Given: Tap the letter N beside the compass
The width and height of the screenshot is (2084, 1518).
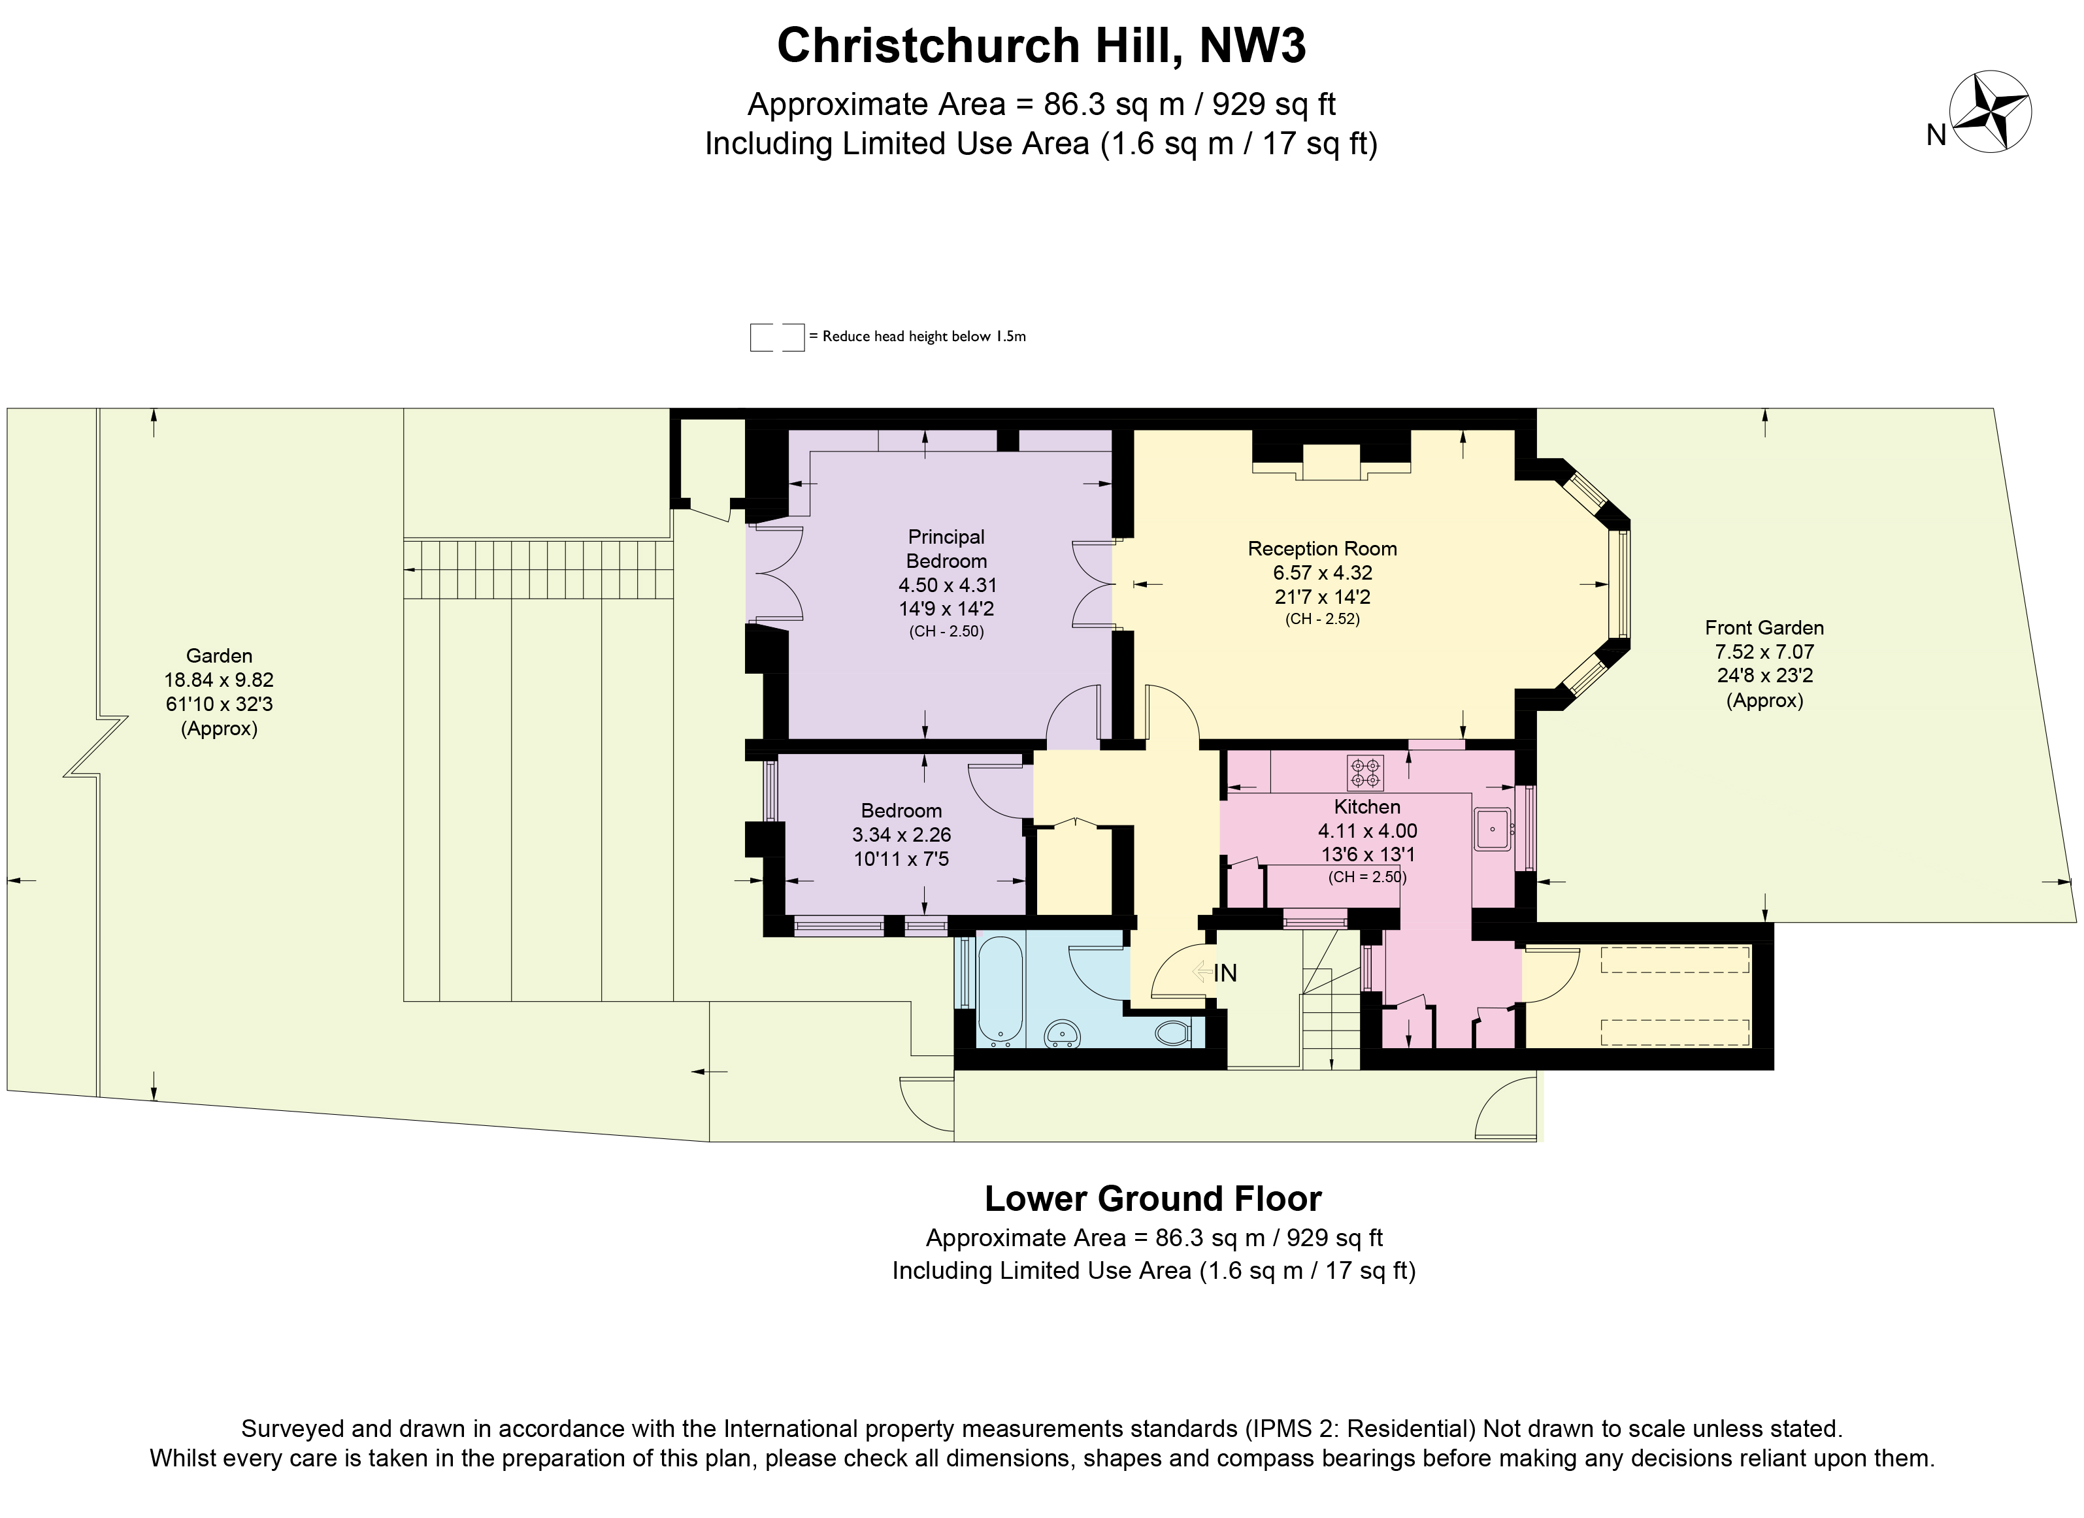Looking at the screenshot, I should tap(1936, 136).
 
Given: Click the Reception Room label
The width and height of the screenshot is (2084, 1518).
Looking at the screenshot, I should tap(1321, 548).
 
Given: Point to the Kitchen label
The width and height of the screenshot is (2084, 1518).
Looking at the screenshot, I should tap(1366, 807).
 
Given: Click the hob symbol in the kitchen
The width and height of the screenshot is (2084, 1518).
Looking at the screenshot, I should tap(1365, 773).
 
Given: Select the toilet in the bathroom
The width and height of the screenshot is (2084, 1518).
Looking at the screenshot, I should tap(1172, 1033).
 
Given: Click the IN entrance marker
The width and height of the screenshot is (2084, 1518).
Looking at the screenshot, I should tap(1225, 973).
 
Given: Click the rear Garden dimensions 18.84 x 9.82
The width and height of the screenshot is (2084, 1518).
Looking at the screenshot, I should tap(219, 680).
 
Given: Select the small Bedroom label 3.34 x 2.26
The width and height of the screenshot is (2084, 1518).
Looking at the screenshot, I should tap(901, 834).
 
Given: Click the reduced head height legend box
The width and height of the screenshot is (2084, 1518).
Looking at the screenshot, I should tap(776, 337).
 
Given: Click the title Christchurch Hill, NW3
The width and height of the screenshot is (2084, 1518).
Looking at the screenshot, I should tap(1041, 45).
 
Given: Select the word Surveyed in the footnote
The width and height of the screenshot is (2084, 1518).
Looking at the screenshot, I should tap(291, 1429).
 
